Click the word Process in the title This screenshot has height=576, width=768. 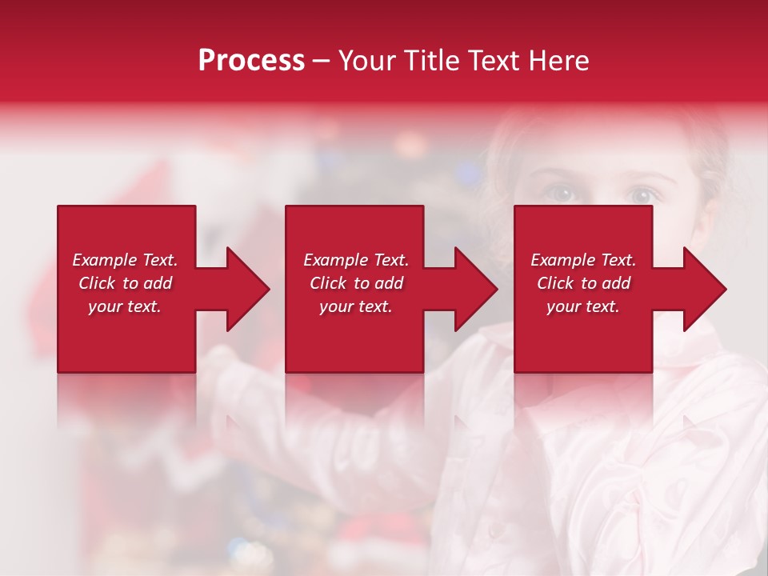tap(251, 61)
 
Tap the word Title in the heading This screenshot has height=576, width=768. tap(433, 61)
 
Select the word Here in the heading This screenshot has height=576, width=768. tap(558, 61)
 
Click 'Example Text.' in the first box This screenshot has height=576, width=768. tap(125, 260)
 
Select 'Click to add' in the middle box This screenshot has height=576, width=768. tap(356, 283)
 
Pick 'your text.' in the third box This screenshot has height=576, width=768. tap(583, 306)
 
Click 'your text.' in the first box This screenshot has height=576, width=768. tap(125, 306)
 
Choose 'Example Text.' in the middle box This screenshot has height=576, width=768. tap(356, 260)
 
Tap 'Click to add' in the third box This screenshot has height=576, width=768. tap(583, 283)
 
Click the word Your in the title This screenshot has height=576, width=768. tap(369, 61)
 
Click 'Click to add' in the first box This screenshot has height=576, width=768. tap(125, 283)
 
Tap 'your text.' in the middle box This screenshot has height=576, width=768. tap(356, 306)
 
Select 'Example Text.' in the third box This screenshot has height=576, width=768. tap(583, 260)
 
